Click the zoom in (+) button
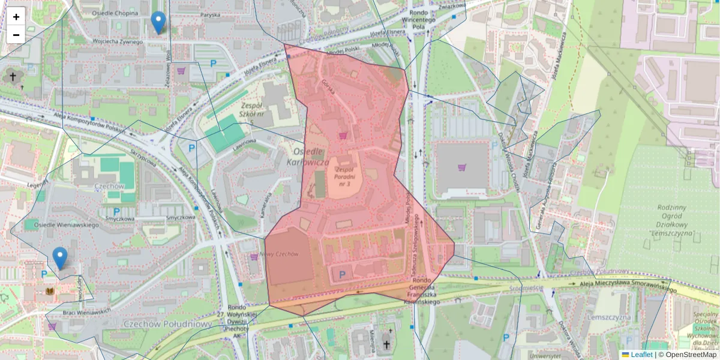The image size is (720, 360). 16,17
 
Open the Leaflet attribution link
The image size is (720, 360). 641,355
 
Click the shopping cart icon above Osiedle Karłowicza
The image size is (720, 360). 343,136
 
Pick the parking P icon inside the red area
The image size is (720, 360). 342,275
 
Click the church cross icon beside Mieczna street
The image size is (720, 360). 386,345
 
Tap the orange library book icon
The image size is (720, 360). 50,292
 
